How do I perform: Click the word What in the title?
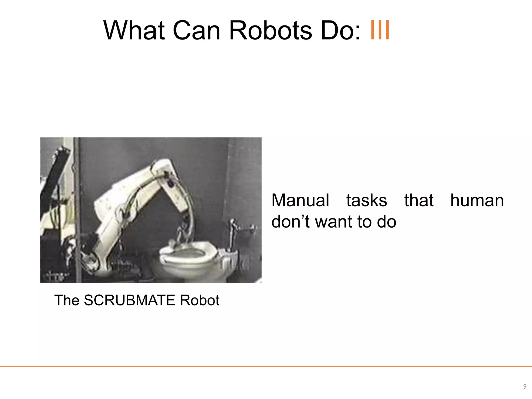[134, 31]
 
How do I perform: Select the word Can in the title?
[196, 31]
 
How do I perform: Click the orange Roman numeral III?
[380, 31]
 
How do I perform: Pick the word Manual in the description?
[300, 201]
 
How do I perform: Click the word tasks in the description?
[367, 201]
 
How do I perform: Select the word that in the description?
[419, 201]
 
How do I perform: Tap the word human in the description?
[477, 201]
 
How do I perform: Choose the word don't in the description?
[290, 222]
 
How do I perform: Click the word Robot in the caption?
[199, 301]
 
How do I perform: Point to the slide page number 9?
[525, 387]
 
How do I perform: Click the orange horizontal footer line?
[266, 366]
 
